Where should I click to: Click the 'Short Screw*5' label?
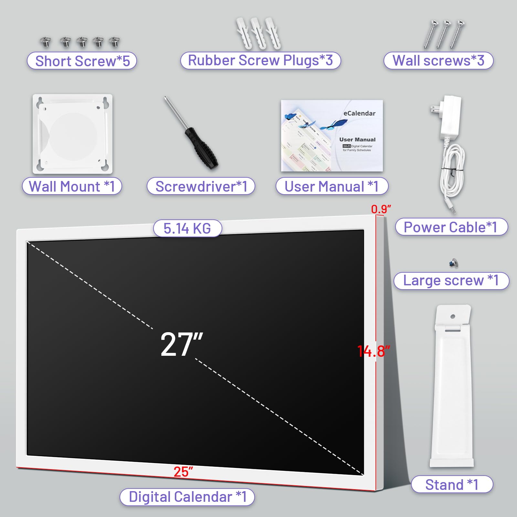pyautogui.click(x=82, y=61)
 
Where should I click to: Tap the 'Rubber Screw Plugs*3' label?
pyautogui.click(x=260, y=60)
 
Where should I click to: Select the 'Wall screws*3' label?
pyautogui.click(x=438, y=60)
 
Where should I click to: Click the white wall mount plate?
pyautogui.click(x=72, y=134)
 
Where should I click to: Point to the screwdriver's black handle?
pyautogui.click(x=202, y=149)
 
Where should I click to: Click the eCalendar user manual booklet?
pyautogui.click(x=332, y=136)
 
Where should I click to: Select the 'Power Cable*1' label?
pyautogui.click(x=451, y=227)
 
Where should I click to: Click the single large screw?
pyautogui.click(x=454, y=263)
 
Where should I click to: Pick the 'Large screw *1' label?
pyautogui.click(x=451, y=280)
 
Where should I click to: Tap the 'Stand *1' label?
pyautogui.click(x=452, y=484)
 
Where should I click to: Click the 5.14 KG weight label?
pyautogui.click(x=187, y=228)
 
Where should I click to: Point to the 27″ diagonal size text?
pyautogui.click(x=182, y=344)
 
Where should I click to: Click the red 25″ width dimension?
pyautogui.click(x=183, y=472)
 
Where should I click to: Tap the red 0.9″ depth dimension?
pyautogui.click(x=381, y=209)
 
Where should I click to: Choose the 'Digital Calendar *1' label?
pyautogui.click(x=187, y=497)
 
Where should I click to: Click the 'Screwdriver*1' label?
pyautogui.click(x=201, y=186)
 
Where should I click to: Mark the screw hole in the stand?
pyautogui.click(x=453, y=316)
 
